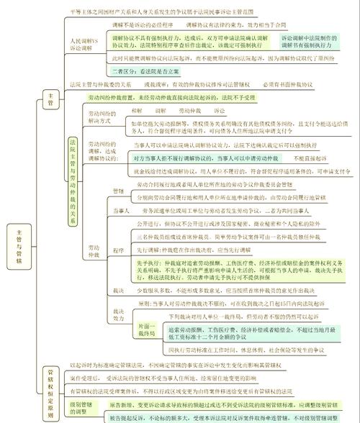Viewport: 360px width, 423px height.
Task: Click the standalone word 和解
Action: tap(137, 111)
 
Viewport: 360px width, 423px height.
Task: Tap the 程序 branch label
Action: tap(119, 250)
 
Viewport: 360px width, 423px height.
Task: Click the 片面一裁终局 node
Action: tap(145, 332)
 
